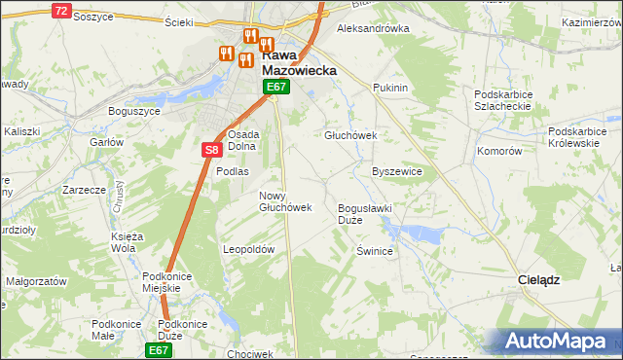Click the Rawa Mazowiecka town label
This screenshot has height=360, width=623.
tap(299, 63)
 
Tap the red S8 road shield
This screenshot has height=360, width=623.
tap(212, 150)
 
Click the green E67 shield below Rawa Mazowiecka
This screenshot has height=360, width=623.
tap(276, 88)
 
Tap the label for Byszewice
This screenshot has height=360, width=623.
tap(396, 171)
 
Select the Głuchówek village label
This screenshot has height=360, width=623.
tap(349, 136)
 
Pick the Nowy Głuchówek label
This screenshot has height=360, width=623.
tap(284, 200)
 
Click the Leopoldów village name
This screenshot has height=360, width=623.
tap(250, 249)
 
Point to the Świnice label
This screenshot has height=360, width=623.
tap(374, 250)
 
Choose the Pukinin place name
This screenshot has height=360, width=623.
tap(389, 88)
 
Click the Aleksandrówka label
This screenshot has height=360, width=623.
tap(372, 29)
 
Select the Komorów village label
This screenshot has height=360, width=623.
tap(500, 152)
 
